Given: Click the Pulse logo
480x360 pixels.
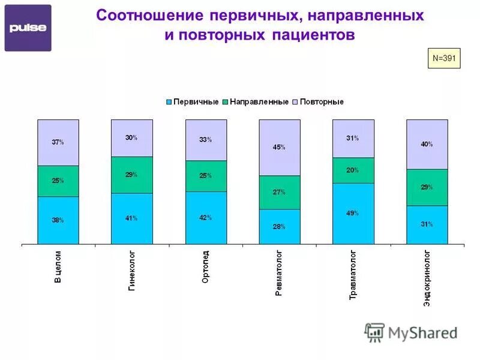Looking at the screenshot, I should [28, 28].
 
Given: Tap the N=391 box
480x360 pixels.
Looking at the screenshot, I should [443, 58].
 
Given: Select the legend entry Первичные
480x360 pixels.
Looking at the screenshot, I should [196, 102].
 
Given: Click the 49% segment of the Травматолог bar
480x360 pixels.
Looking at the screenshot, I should [353, 214].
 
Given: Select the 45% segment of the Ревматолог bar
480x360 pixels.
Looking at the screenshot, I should [280, 148].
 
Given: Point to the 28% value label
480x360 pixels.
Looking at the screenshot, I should [279, 227].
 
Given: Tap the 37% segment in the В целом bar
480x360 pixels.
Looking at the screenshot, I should [58, 142].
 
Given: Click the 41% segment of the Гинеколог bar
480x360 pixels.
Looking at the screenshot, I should [131, 218].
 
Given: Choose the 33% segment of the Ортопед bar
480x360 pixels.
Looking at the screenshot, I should [206, 140].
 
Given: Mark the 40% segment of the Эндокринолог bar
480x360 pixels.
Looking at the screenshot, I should [427, 144].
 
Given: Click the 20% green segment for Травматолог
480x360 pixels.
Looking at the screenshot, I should [353, 170].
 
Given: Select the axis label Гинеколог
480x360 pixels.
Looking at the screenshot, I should [131, 271].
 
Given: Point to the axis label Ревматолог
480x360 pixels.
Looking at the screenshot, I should [279, 274].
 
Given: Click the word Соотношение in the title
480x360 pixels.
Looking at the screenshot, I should [148, 15].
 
